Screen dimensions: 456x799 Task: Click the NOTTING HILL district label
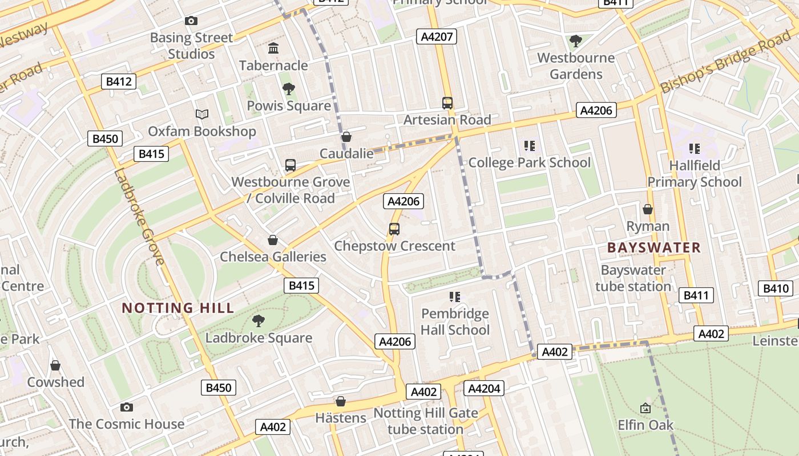[x=178, y=308]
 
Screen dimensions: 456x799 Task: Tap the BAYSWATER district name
[x=654, y=247]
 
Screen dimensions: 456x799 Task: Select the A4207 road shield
[x=437, y=37]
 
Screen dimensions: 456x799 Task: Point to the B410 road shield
[x=776, y=289]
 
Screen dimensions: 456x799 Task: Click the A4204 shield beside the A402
[x=483, y=389]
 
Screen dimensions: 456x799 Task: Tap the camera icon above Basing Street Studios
[x=191, y=21]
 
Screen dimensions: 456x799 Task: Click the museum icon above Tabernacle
[x=273, y=48]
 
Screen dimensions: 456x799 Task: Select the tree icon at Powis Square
[x=289, y=88]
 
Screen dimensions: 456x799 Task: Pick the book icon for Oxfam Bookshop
[x=202, y=114]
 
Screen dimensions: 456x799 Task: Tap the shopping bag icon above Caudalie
[x=346, y=137]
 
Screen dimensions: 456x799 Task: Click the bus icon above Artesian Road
[x=447, y=103]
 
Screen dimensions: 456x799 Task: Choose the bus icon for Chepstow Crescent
[x=394, y=229]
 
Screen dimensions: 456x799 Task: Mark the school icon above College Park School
[x=530, y=146]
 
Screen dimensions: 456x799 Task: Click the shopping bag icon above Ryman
[x=648, y=209]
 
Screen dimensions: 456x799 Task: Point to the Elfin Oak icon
[x=645, y=408]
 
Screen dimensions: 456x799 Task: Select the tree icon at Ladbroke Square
[x=259, y=321]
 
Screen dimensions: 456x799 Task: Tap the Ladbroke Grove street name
[x=139, y=217]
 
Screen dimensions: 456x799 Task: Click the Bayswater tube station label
[x=633, y=278]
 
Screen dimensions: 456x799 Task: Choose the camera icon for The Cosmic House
[x=127, y=407]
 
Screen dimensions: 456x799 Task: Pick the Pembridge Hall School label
[x=455, y=322]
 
